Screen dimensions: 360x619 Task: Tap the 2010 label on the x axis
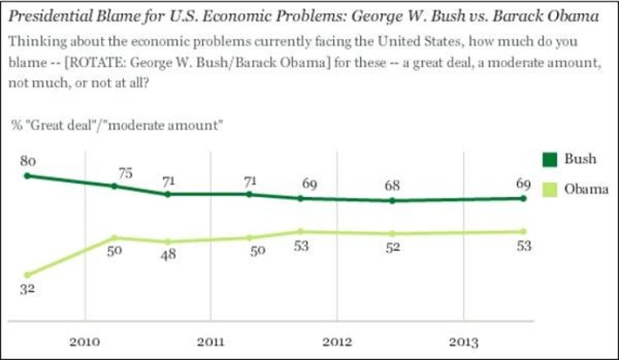coord(84,340)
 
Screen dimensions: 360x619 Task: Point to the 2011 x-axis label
coord(210,340)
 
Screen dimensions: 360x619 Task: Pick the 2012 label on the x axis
coord(336,340)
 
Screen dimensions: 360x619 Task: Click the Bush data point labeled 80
coord(28,175)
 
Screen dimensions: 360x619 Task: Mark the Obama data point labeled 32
coord(28,275)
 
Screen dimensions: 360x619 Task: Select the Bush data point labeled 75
coord(114,186)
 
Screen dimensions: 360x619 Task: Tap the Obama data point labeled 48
coord(168,242)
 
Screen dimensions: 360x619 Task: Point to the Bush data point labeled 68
coord(393,200)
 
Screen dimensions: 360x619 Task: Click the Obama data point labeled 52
coord(393,234)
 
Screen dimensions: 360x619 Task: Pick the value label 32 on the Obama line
coord(28,291)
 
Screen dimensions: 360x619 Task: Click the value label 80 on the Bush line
coord(28,160)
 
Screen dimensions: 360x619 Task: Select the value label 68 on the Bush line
coord(393,186)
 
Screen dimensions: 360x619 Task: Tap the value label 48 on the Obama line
coord(168,256)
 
